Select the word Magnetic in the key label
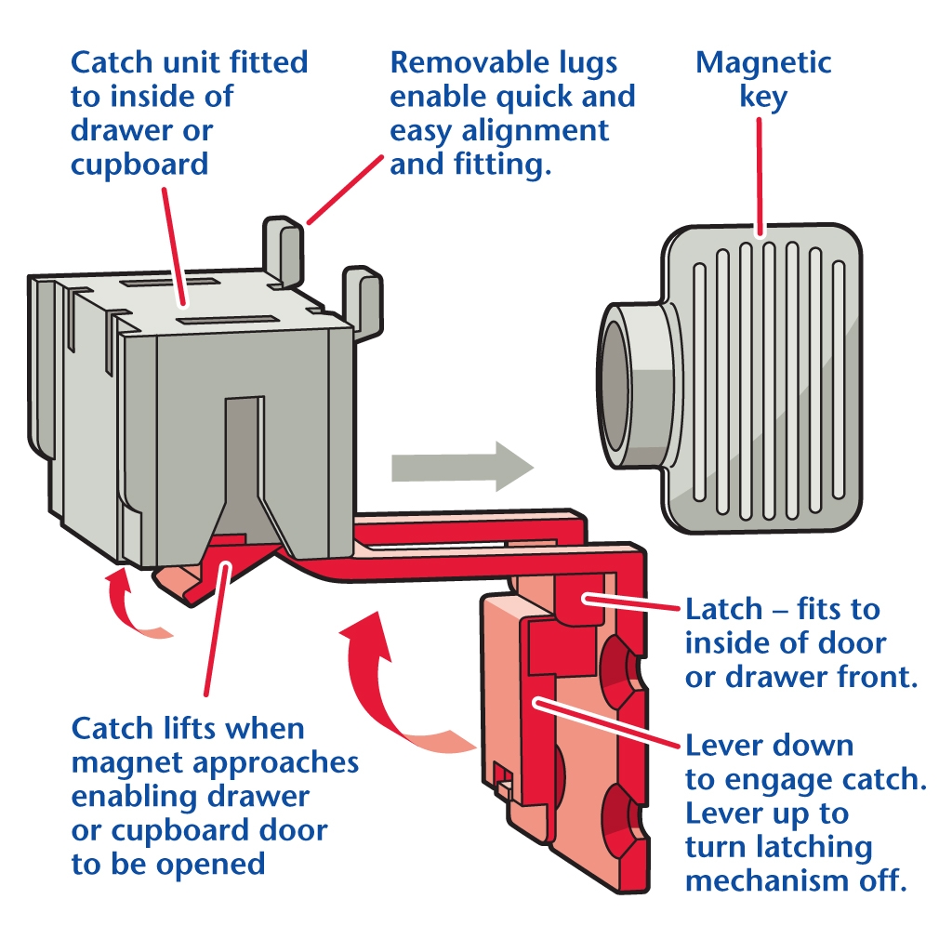click(762, 63)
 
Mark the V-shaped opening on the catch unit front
click(240, 474)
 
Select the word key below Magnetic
click(763, 97)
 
